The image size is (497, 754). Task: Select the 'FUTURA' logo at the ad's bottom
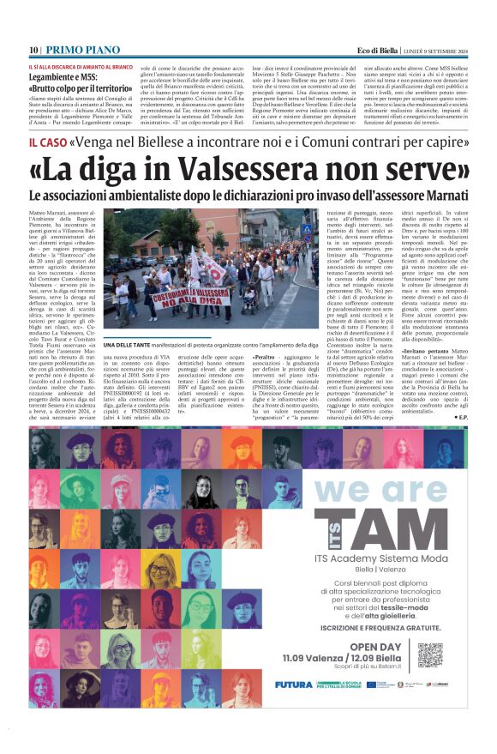[293, 684]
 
